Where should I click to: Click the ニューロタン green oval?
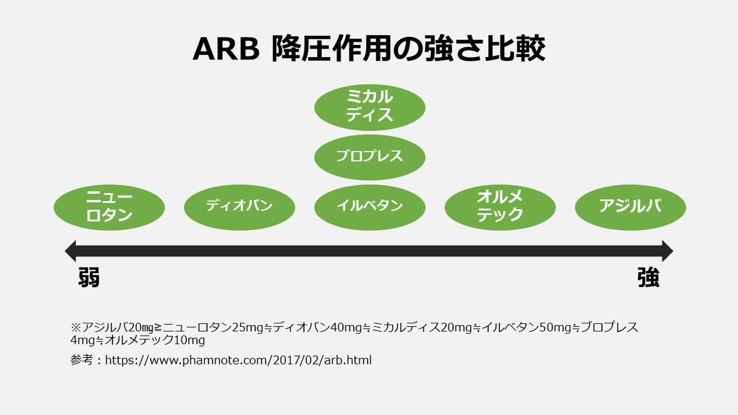point(109,206)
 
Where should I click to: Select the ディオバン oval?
point(239,206)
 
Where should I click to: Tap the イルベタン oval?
point(370,206)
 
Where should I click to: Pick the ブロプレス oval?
point(370,156)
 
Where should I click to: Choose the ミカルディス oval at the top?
point(370,106)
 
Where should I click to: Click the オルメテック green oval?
point(500,206)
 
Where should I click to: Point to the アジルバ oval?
point(630,206)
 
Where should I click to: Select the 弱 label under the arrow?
point(88,278)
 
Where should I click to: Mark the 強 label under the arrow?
point(648,278)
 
